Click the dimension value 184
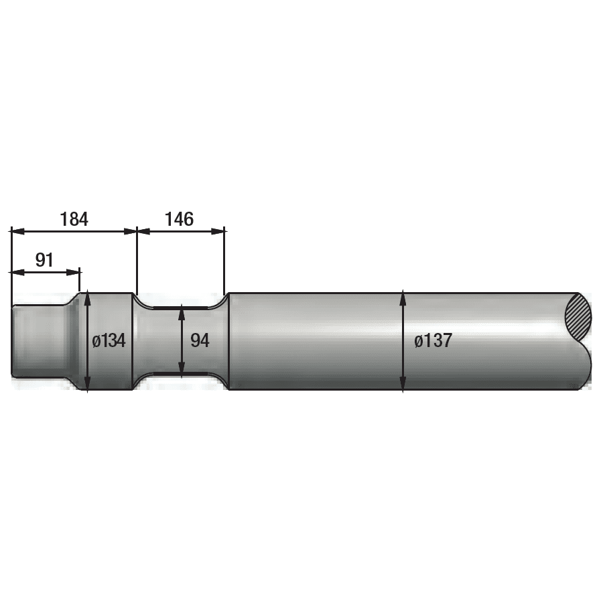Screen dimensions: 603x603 (x=74, y=219)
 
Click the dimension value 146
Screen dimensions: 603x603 (x=179, y=219)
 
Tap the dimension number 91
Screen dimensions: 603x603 (x=44, y=261)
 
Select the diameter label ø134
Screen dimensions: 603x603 (x=109, y=341)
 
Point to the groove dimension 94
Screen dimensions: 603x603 (x=200, y=341)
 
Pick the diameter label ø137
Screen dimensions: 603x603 (x=433, y=341)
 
